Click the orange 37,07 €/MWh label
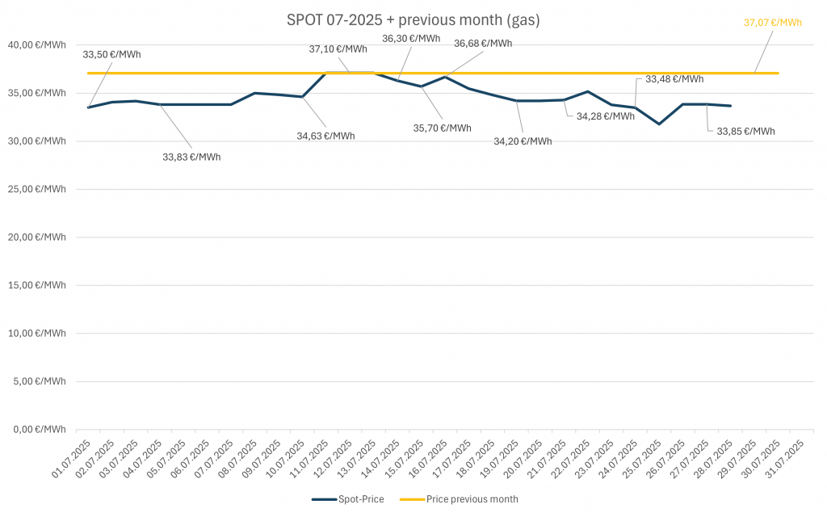click(x=772, y=23)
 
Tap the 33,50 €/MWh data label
click(x=111, y=55)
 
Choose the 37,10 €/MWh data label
click(x=338, y=49)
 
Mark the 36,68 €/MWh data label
click(x=482, y=44)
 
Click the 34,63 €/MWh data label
click(x=325, y=136)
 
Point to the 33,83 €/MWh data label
click(x=191, y=157)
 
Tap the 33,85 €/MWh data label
click(x=745, y=132)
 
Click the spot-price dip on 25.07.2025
click(x=659, y=124)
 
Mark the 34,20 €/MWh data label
click(x=523, y=141)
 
